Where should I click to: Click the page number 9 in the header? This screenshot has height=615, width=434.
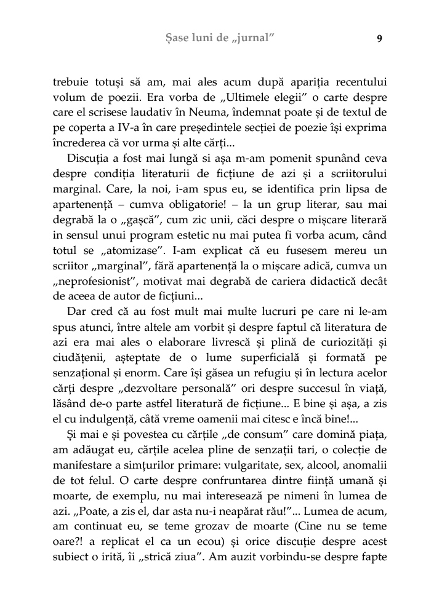(379, 38)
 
